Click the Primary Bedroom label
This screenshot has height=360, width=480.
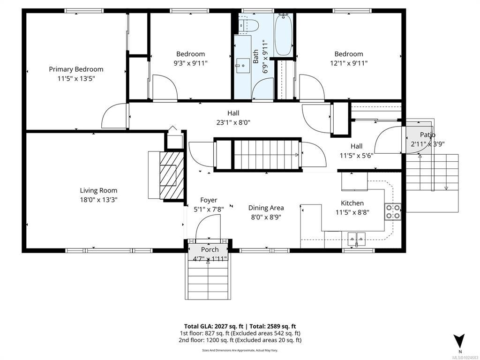(76, 69)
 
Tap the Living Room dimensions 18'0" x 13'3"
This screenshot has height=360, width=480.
(98, 200)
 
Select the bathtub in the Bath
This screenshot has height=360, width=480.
(284, 35)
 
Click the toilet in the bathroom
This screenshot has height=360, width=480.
(248, 26)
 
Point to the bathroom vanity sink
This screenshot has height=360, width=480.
(243, 65)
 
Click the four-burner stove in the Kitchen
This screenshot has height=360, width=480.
(393, 211)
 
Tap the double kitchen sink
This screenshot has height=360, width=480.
(356, 238)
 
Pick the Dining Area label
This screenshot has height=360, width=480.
(266, 208)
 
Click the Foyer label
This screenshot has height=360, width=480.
(209, 200)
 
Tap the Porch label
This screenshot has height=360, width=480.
(210, 249)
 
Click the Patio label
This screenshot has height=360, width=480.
(427, 135)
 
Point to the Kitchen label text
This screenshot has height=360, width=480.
(352, 203)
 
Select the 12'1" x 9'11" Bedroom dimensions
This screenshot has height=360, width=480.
(349, 63)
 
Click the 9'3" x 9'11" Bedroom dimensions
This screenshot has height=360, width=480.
(190, 63)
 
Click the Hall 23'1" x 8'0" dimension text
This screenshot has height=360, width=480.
(233, 123)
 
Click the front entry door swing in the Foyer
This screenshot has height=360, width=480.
(208, 226)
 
